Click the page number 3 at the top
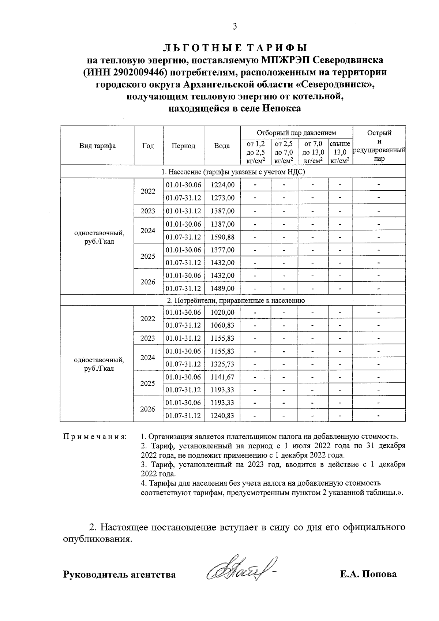click(234, 26)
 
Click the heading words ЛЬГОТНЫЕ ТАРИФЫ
click(234, 48)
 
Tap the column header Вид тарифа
click(97, 146)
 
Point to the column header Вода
click(222, 146)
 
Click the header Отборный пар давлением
click(296, 133)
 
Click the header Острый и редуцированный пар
click(379, 146)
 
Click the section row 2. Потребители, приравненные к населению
click(236, 300)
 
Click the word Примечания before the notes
click(95, 437)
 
